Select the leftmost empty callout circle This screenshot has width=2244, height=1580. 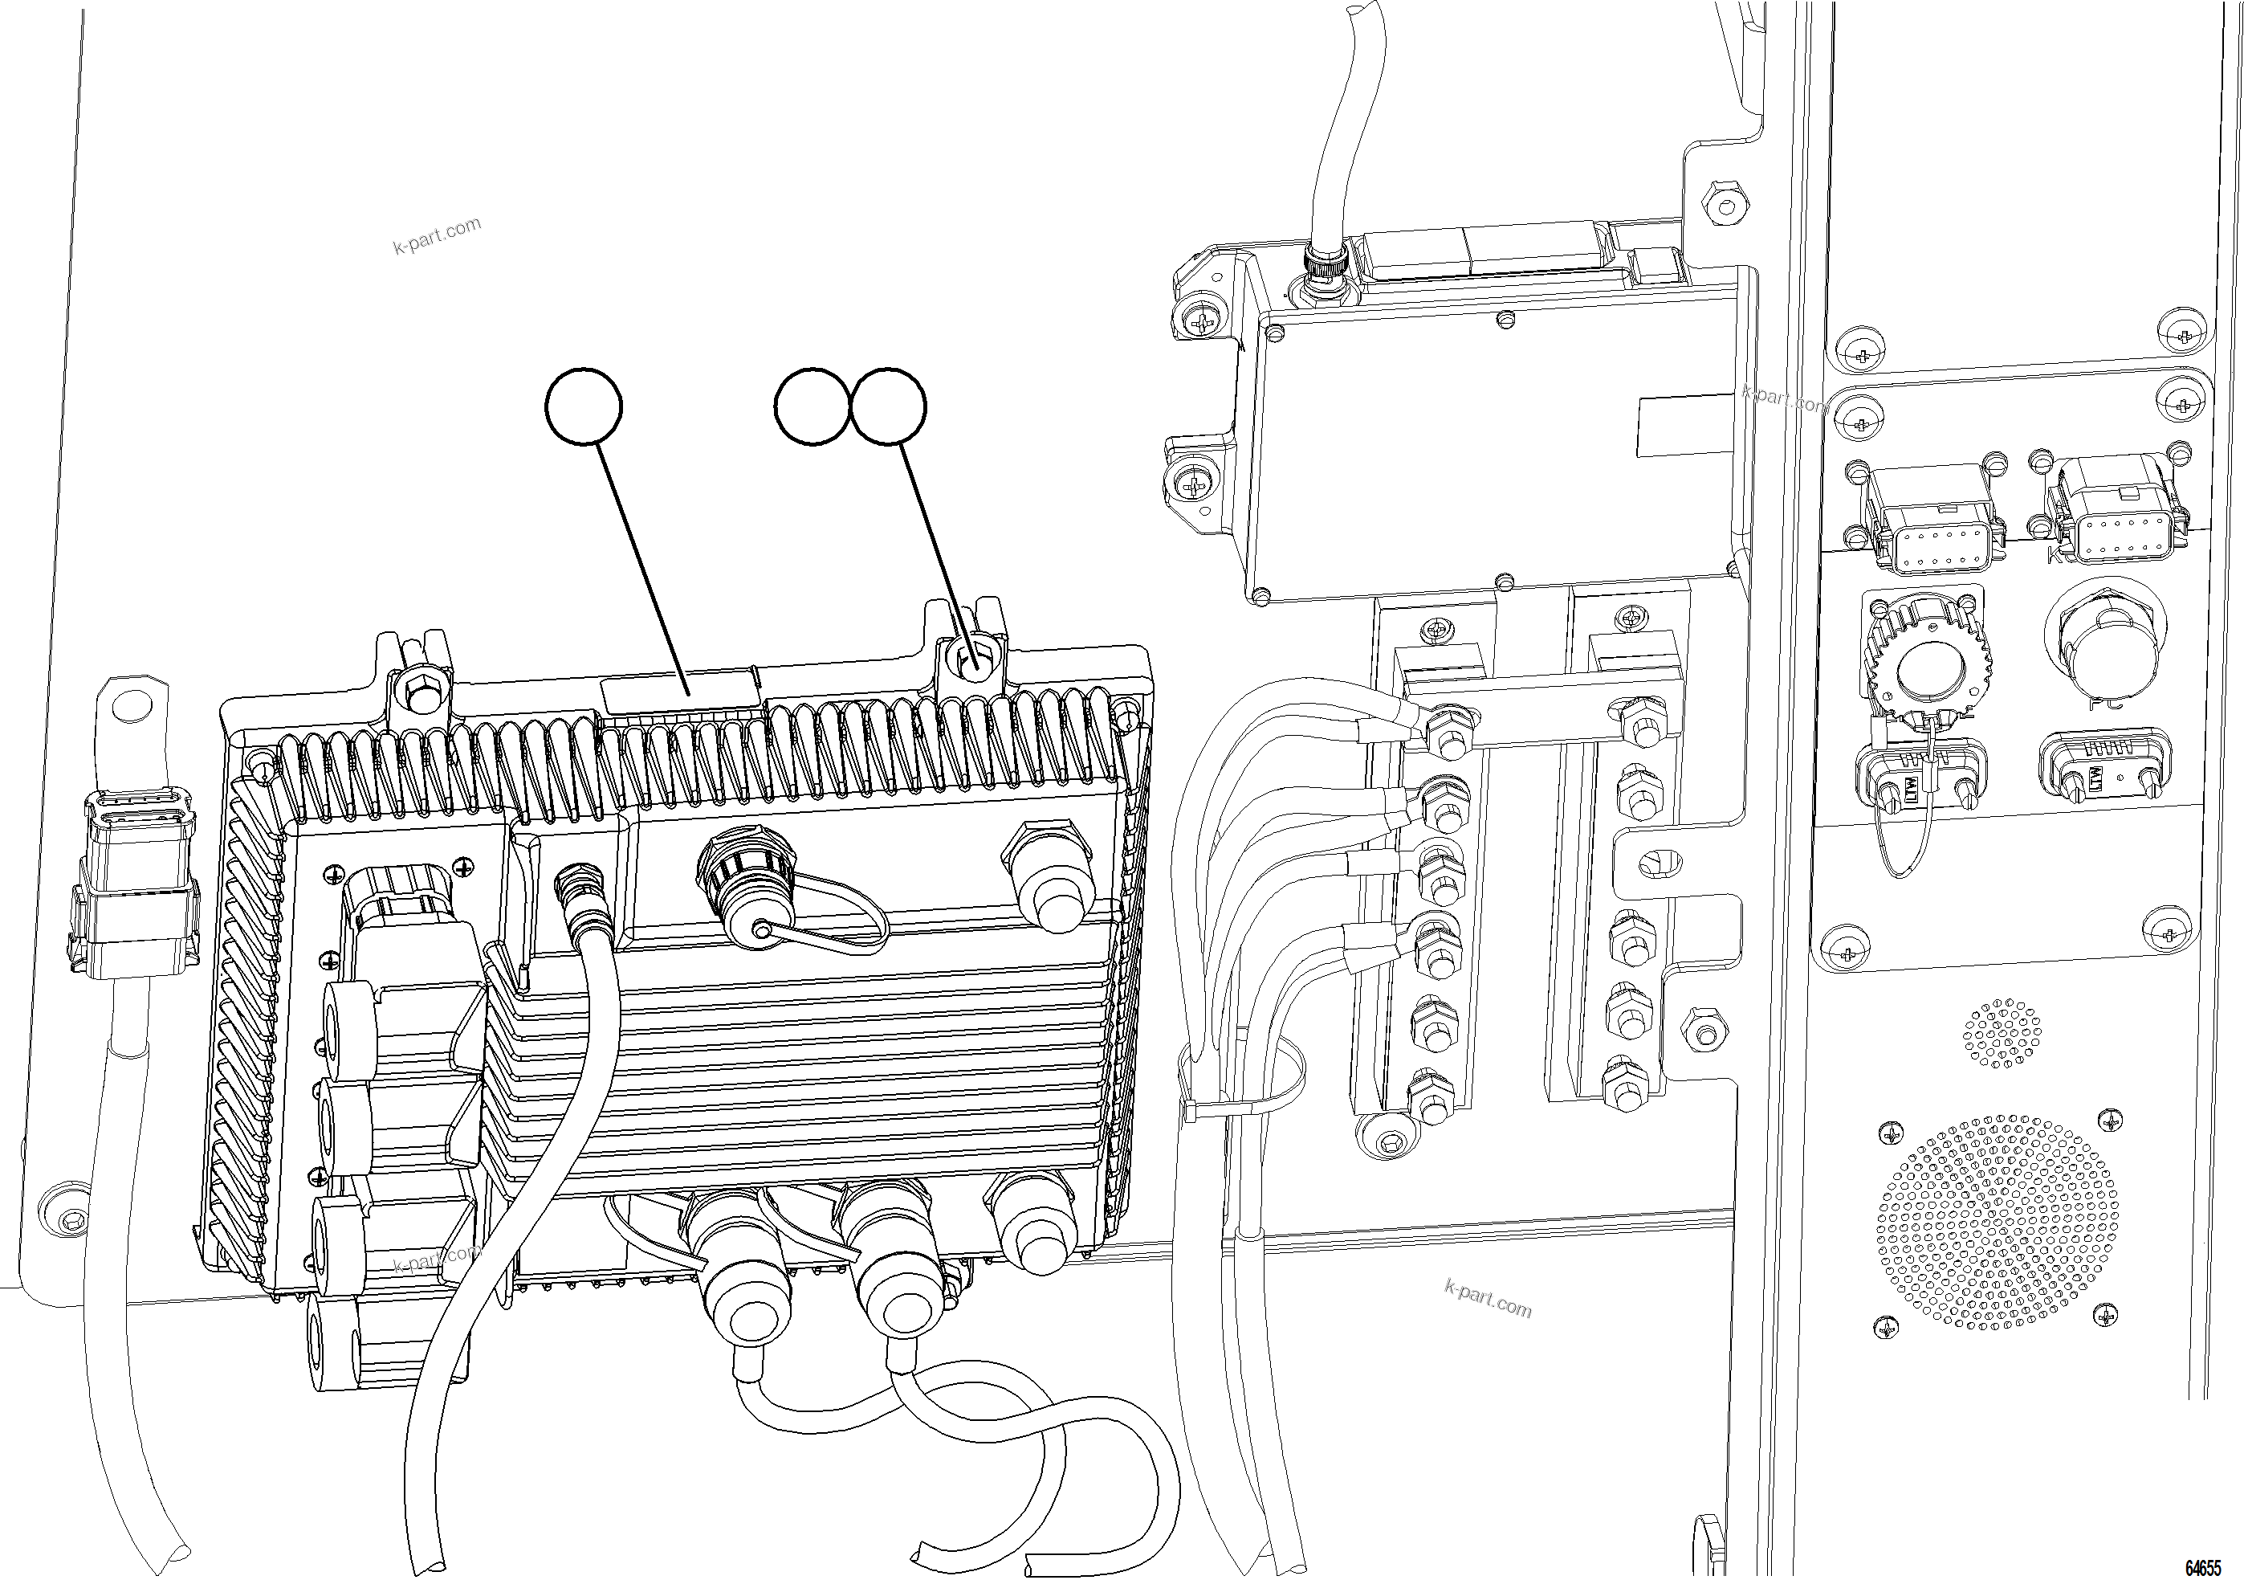click(584, 406)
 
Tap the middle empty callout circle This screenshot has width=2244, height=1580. click(811, 406)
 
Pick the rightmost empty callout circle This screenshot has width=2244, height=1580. click(889, 406)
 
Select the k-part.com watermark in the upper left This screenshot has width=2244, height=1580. click(437, 235)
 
